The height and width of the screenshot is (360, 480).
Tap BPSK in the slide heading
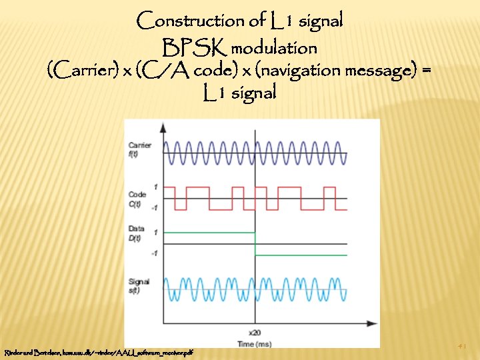pyautogui.click(x=195, y=48)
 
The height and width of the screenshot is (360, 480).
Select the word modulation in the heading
pyautogui.click(x=274, y=49)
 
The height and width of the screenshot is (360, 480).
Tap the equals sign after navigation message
pyautogui.click(x=426, y=69)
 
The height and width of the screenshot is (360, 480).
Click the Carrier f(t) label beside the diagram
pyautogui.click(x=139, y=148)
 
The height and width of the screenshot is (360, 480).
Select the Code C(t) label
pyautogui.click(x=137, y=198)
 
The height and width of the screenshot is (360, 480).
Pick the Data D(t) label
pyautogui.click(x=137, y=233)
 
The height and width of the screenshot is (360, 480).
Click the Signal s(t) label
pyautogui.click(x=139, y=285)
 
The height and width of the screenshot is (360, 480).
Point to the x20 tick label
pyautogui.click(x=255, y=331)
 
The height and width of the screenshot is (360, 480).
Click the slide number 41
pyautogui.click(x=462, y=346)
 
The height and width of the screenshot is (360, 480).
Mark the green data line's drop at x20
pyautogui.click(x=255, y=243)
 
